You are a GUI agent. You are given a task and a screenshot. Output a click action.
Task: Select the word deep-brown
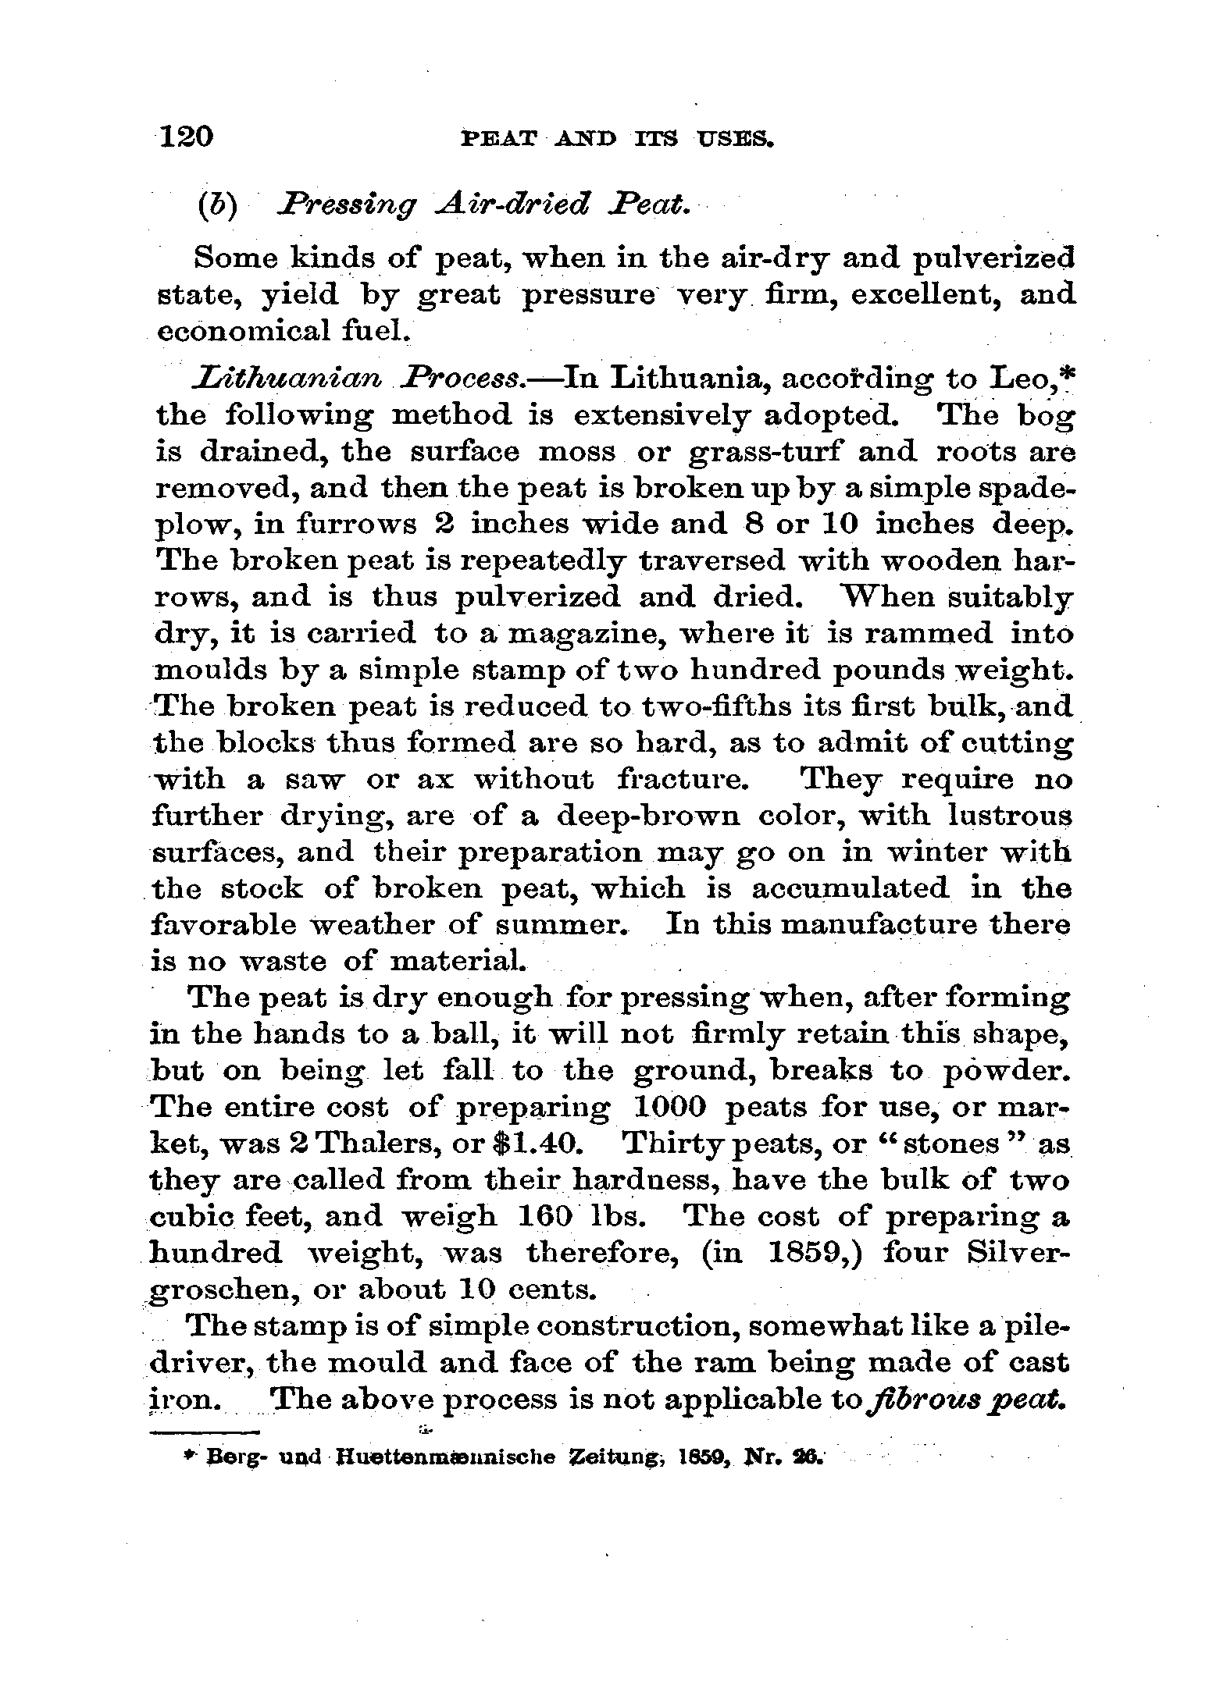[x=649, y=816]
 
